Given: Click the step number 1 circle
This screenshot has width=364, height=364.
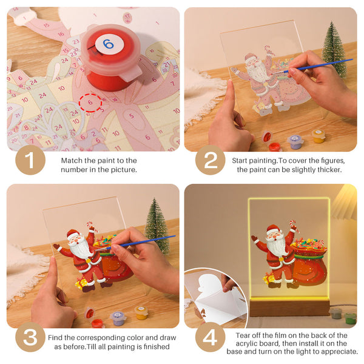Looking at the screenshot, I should pos(30,161).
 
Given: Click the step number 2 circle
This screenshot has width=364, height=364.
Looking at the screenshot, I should pos(210,161).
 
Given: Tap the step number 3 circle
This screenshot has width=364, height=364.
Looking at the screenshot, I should pos(30,338).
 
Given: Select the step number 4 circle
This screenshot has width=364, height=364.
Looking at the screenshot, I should pos(210,338).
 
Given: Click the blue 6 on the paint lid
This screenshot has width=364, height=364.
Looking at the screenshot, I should pos(108,44).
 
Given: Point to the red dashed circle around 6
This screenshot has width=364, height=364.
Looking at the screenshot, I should pos(90,103).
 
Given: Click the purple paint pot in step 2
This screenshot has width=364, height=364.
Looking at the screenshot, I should pos(295,141).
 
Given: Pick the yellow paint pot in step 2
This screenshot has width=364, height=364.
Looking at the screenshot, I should pos(318,135).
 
